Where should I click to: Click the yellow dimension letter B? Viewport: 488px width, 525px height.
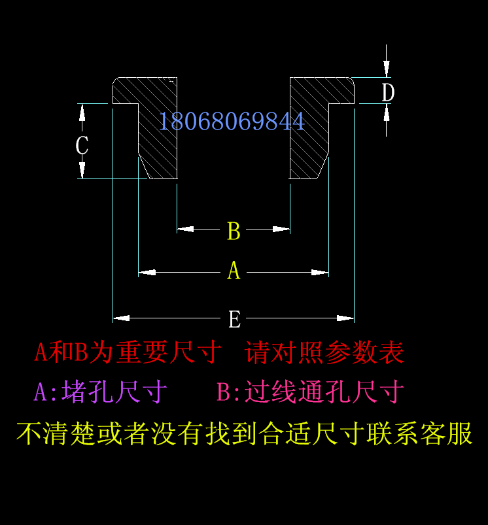click(234, 231)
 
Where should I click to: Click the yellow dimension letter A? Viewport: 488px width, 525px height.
click(234, 271)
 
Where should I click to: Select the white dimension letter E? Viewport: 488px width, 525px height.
click(234, 320)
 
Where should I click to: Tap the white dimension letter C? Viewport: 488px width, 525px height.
click(82, 145)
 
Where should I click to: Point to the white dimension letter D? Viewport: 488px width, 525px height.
click(388, 93)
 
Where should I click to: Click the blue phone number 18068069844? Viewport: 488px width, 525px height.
click(232, 122)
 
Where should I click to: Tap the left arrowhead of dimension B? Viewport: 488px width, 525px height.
click(185, 229)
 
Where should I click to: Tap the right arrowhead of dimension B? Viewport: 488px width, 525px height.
click(282, 229)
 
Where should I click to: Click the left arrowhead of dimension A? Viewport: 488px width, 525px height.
click(147, 273)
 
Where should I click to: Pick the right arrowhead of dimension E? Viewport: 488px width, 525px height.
click(346, 318)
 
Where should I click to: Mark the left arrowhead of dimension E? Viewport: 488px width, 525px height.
click(121, 318)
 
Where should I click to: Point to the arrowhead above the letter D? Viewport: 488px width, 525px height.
click(387, 69)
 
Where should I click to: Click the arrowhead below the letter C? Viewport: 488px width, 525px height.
click(82, 171)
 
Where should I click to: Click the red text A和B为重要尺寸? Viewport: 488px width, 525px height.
click(128, 353)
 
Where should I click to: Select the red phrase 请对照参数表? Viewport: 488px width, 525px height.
click(325, 353)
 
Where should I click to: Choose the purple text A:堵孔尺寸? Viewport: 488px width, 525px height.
click(101, 392)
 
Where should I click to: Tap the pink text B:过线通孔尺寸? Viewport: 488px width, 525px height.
click(310, 392)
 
